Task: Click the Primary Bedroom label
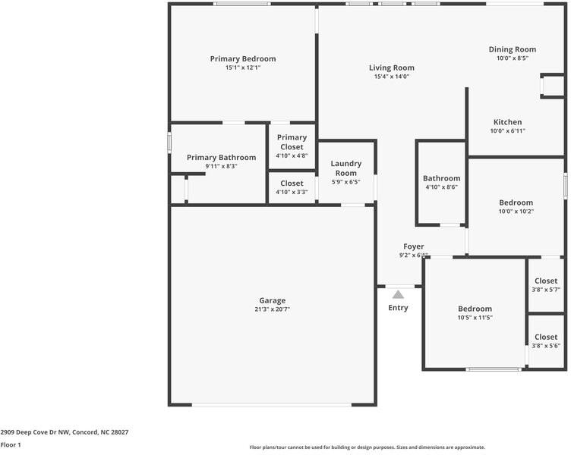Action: tap(243, 58)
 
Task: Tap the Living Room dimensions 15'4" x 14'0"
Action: tap(392, 77)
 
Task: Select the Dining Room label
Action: tap(512, 49)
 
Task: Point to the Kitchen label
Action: tap(507, 122)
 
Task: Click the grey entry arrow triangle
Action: tap(398, 294)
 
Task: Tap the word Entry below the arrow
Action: tap(398, 308)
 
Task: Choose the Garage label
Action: tap(273, 300)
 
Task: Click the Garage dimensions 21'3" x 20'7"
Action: tap(273, 309)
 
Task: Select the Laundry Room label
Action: tap(346, 168)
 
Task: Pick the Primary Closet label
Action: tap(292, 142)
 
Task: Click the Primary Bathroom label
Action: tap(221, 157)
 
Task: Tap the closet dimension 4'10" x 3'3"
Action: tap(292, 192)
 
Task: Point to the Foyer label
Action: tap(413, 246)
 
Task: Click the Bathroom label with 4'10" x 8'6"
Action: tap(441, 178)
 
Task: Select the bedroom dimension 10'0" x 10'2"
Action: tap(516, 212)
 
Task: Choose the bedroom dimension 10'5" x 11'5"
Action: tap(475, 318)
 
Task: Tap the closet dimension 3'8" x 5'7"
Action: tap(545, 290)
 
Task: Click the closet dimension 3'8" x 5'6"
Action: tap(545, 346)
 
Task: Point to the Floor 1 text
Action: tap(11, 445)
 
